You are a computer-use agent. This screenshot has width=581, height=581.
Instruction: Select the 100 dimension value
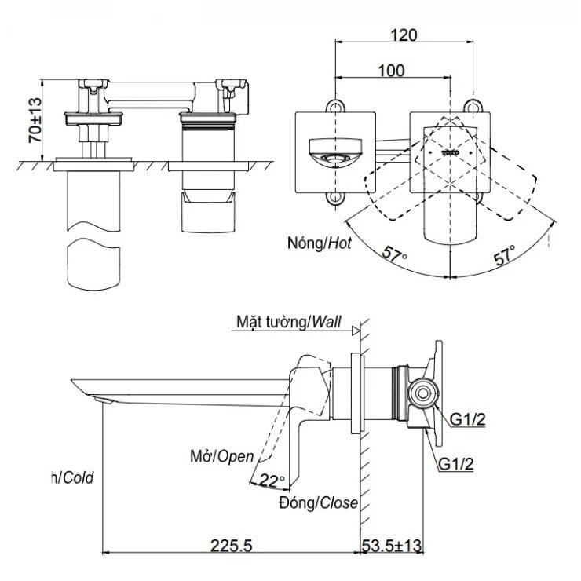coord(391,71)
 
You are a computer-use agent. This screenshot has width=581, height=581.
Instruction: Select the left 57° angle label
coord(395,254)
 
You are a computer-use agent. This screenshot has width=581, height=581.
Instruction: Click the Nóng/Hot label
coord(318,243)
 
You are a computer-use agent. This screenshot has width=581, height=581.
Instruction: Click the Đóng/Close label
coord(318,502)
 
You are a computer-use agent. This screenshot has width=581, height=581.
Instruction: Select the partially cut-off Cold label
coord(73,477)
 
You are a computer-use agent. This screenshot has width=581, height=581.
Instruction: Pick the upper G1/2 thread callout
coord(468,420)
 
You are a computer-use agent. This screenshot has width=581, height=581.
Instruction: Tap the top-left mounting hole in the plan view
coord(335,105)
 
